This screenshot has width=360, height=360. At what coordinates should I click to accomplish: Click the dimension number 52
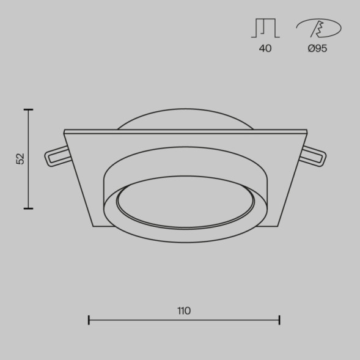coord(21,159)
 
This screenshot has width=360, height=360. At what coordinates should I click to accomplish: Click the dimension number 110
coord(184,310)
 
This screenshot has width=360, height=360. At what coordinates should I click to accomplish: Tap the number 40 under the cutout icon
coord(265,48)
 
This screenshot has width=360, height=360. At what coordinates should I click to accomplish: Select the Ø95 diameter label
coord(317,48)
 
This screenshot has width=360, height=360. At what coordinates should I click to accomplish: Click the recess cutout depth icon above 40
coord(265,28)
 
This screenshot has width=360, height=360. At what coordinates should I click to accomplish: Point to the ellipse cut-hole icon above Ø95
coord(318,28)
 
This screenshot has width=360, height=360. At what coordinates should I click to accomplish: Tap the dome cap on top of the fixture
coord(185,119)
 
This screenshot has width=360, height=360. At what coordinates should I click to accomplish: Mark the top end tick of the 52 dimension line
coord(28,109)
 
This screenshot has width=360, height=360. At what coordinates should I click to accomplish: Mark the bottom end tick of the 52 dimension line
coord(28,208)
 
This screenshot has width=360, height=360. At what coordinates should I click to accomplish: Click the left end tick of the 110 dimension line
coord(89,320)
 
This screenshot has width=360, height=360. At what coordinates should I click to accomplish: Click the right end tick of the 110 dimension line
coord(279,320)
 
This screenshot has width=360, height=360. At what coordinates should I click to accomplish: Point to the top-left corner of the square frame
coord(64,131)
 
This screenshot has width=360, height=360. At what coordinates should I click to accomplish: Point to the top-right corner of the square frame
coord(307,131)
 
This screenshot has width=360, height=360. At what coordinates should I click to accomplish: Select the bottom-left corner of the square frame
coord(94,226)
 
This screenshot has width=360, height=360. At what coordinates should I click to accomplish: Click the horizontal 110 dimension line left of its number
coord(131,320)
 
